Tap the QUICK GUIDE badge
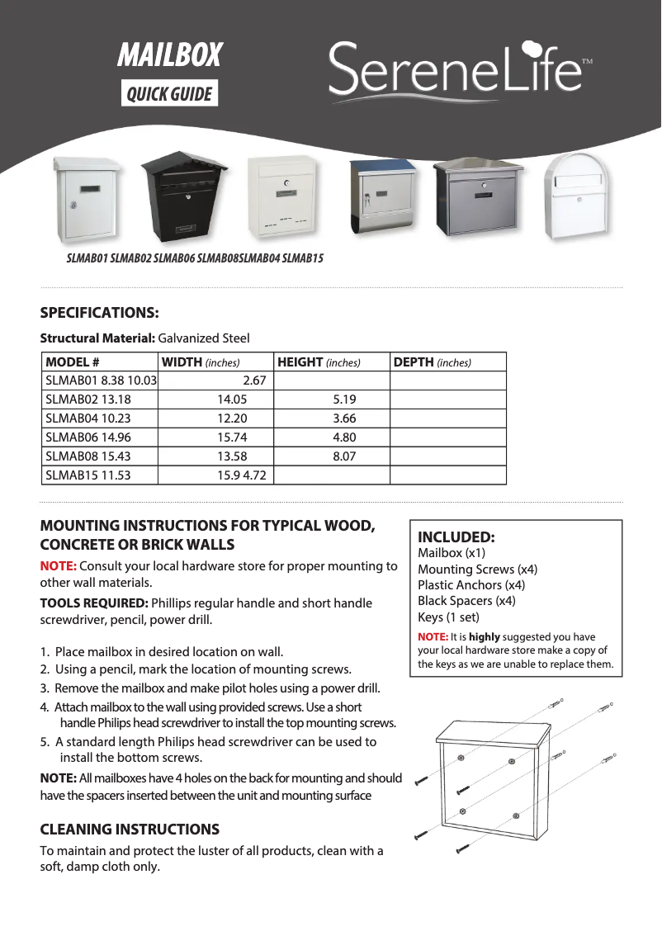[x=169, y=94]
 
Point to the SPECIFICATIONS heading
[x=99, y=313]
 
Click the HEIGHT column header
[x=319, y=362]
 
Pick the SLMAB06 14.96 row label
[x=88, y=437]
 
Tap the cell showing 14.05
[x=232, y=399]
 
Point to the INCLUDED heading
[x=456, y=537]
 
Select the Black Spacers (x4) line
[x=466, y=601]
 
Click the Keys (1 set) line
[x=448, y=617]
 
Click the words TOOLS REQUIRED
[x=94, y=603]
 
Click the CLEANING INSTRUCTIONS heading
[x=130, y=830]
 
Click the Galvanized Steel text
[x=203, y=338]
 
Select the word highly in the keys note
[x=484, y=637]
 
